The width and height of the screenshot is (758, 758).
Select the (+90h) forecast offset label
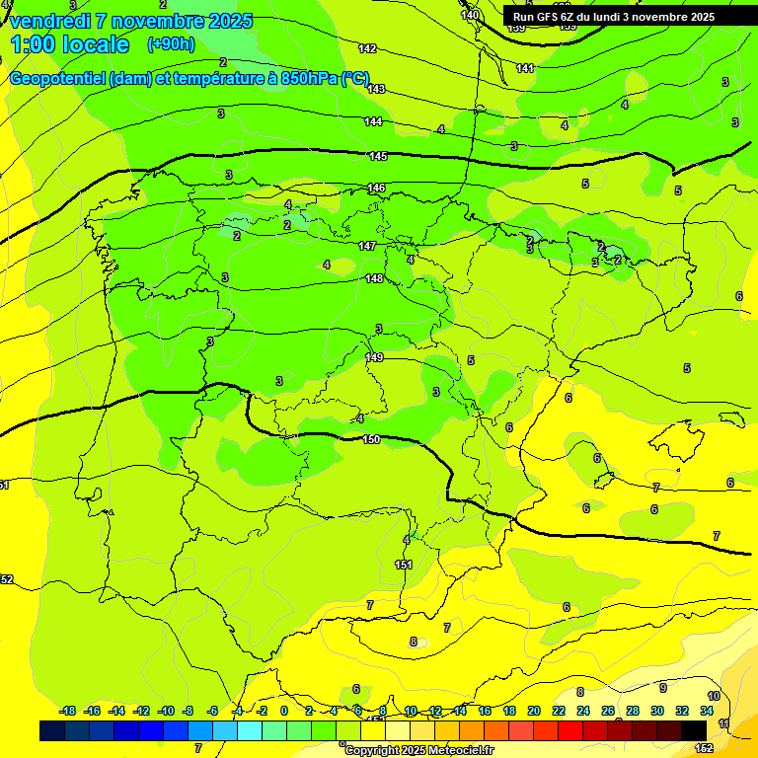click(171, 44)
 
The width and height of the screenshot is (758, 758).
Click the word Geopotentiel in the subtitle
click(57, 79)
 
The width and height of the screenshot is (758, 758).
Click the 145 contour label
click(378, 157)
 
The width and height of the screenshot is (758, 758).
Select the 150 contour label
click(371, 439)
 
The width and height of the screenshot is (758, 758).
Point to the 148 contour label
click(374, 278)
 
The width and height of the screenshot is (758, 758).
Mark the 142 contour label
click(367, 48)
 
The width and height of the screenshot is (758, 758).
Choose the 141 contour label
click(525, 68)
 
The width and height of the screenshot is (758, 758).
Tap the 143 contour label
click(376, 89)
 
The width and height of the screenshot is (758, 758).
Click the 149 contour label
click(374, 357)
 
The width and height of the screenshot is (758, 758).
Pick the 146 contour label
click(376, 188)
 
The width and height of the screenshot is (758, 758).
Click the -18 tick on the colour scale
click(67, 711)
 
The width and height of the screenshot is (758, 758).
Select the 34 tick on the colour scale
click(707, 711)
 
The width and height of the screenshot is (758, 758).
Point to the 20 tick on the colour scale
click(534, 711)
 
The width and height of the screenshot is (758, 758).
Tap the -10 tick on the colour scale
click(166, 711)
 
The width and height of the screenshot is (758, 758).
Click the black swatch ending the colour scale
click(694, 730)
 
